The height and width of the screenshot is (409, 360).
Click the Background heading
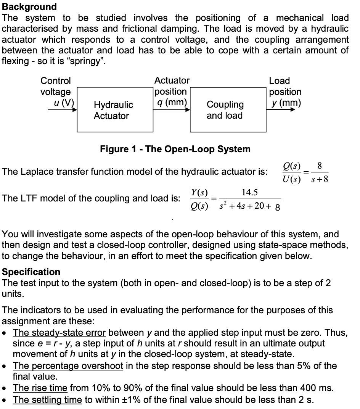[29, 6]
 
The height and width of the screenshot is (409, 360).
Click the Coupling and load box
[228, 110]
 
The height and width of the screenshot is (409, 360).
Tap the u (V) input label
[64, 103]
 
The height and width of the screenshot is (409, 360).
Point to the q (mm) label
[170, 102]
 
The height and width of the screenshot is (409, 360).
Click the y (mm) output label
[285, 103]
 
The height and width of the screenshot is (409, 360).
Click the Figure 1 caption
[175, 149]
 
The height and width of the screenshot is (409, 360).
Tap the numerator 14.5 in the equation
[249, 193]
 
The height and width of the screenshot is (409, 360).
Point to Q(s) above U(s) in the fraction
[292, 166]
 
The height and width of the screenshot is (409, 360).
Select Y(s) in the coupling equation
[199, 193]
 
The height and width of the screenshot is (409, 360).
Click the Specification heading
[31, 272]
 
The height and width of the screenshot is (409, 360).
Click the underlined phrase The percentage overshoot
[68, 366]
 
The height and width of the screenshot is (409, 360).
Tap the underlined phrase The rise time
[40, 388]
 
